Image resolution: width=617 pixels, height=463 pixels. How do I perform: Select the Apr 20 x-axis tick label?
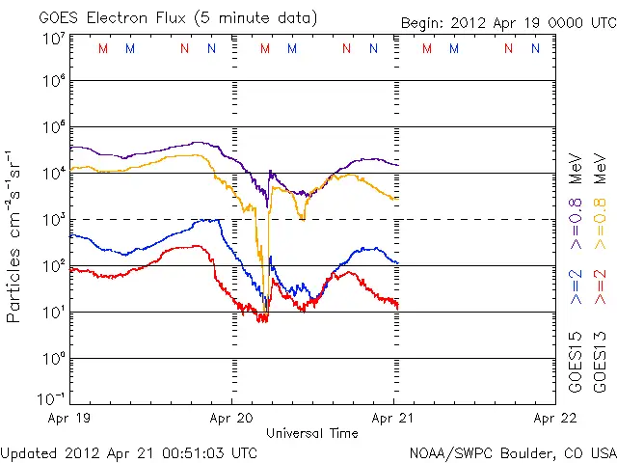tap(230, 419)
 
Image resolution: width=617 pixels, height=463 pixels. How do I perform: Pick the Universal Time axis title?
tap(312, 433)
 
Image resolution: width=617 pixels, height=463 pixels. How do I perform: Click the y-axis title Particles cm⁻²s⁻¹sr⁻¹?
tap(14, 235)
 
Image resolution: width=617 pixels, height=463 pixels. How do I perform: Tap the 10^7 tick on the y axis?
tap(53, 39)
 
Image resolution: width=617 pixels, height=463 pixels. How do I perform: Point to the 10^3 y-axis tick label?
tap(53, 220)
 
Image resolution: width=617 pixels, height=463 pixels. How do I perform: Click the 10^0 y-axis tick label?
tap(53, 359)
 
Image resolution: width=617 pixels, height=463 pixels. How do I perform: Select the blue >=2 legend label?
tap(576, 287)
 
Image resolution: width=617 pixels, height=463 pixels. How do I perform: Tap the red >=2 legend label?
tap(599, 287)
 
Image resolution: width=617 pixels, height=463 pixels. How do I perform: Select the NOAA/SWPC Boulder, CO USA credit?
tap(512, 452)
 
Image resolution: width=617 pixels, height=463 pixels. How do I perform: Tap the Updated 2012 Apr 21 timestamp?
tap(129, 452)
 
